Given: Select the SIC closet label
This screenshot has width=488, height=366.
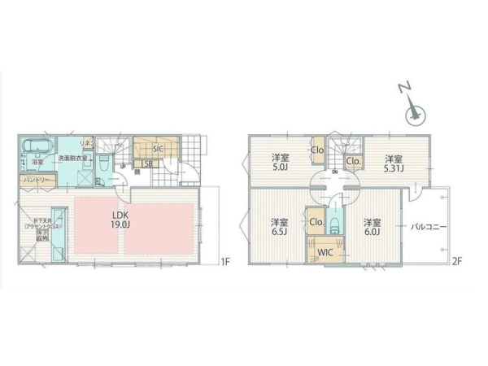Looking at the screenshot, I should [158, 148].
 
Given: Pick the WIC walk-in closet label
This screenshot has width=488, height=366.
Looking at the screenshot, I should [325, 251].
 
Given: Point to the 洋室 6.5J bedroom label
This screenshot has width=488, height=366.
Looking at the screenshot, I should [280, 227].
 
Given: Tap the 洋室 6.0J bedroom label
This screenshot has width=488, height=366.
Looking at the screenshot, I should [373, 227].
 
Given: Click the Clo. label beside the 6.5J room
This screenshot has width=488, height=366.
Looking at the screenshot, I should [317, 221].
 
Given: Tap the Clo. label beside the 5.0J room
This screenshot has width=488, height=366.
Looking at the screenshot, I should [318, 150].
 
